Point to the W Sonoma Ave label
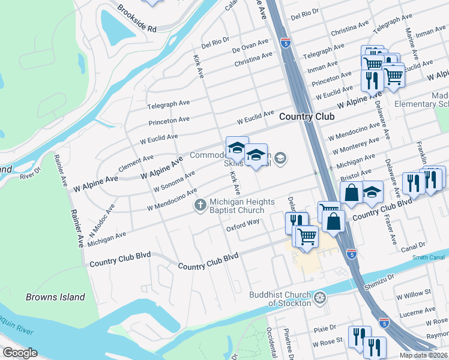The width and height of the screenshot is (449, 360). (x=174, y=181)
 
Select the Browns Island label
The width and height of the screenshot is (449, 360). (x=55, y=297)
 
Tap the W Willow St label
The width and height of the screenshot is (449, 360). (x=414, y=292)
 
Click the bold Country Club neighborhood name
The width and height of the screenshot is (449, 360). (x=307, y=117)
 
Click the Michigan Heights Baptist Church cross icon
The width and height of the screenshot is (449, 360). (x=200, y=206)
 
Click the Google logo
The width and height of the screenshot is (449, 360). (x=20, y=353)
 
